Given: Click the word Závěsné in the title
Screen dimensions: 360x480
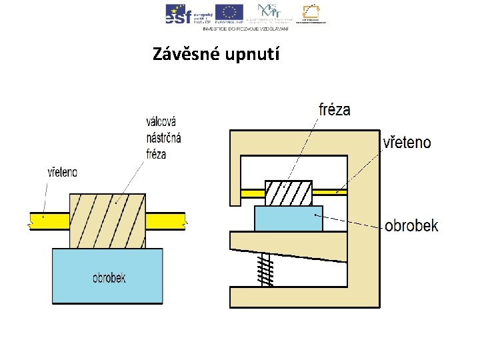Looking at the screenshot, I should click(x=181, y=54).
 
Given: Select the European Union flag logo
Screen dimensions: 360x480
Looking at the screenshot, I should click(x=229, y=12).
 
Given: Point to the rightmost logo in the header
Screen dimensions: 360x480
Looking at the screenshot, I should click(x=314, y=13).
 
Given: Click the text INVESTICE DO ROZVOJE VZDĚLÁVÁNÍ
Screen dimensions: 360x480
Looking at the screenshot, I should click(x=245, y=29).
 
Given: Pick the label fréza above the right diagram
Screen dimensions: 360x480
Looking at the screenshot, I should click(x=335, y=109).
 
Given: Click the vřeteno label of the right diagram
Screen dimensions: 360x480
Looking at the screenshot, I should click(x=407, y=143).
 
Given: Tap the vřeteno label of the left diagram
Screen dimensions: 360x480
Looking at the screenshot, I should click(x=62, y=172).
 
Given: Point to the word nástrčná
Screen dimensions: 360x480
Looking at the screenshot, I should click(x=163, y=138).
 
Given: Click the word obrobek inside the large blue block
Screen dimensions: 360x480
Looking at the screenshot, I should click(x=109, y=277).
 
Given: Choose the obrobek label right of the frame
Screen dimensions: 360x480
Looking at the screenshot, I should click(x=411, y=226).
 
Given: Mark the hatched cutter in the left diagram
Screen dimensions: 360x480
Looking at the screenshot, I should click(x=107, y=220).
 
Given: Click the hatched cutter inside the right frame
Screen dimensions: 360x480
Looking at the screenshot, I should click(x=289, y=193).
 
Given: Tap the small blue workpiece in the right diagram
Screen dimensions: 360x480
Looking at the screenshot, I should click(x=288, y=218).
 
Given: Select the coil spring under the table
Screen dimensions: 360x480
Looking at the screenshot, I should click(x=267, y=269).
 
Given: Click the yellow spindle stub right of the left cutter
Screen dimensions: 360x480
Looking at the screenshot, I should click(x=165, y=221).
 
